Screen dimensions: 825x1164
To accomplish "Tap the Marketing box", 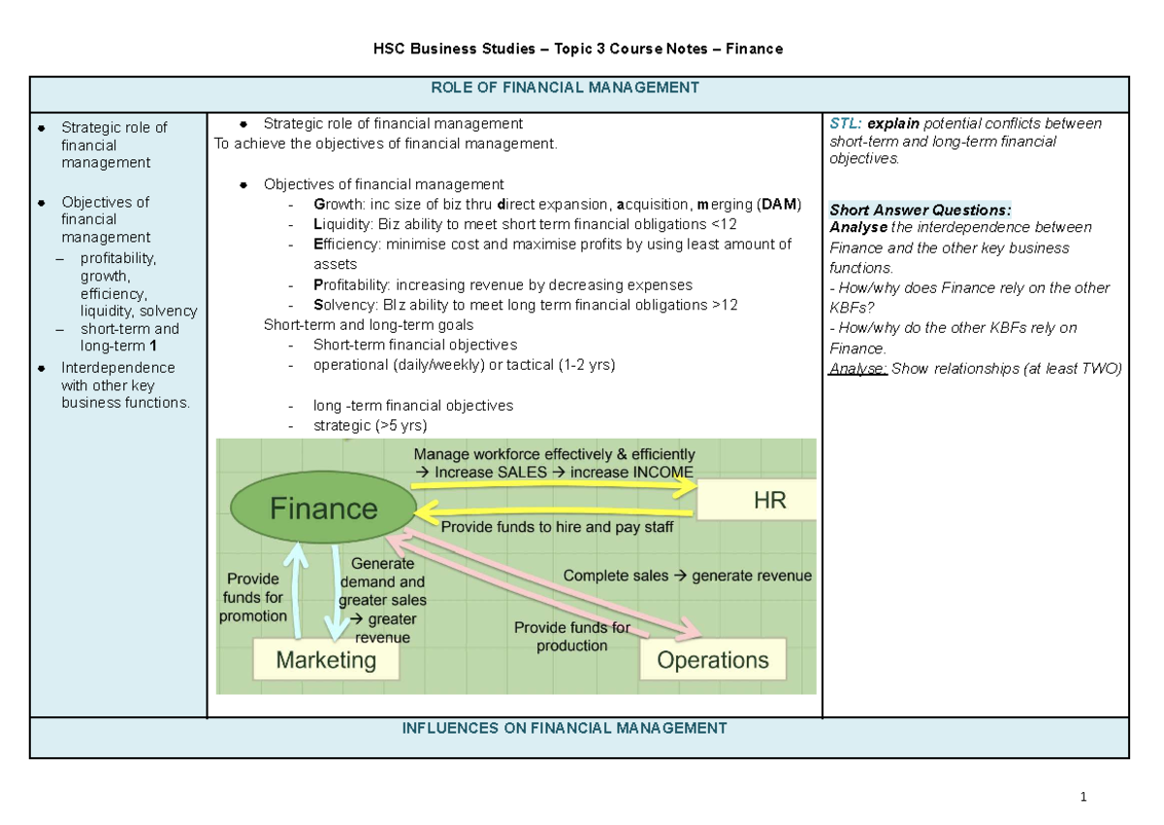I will point(326,661).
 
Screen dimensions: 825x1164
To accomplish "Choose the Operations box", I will point(713,661).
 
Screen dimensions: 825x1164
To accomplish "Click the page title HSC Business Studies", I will point(579,49).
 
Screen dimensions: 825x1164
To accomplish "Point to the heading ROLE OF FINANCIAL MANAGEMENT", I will point(579,87).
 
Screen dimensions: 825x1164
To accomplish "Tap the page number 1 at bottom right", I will point(1082,798).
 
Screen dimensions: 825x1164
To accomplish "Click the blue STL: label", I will point(845,123).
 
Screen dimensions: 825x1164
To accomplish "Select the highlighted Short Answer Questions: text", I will point(921,210).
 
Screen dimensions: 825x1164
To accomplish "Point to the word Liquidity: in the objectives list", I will point(345,224).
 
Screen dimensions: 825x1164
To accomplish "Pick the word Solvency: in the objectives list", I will point(344,305).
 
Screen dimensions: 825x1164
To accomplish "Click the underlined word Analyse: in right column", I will point(857,368).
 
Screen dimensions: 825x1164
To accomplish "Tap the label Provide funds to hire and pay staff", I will point(557,528).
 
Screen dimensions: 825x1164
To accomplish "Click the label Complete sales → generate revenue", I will point(687,576).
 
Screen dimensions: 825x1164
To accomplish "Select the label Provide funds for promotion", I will point(253,597).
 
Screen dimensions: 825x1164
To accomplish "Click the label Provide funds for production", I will point(571,637).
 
